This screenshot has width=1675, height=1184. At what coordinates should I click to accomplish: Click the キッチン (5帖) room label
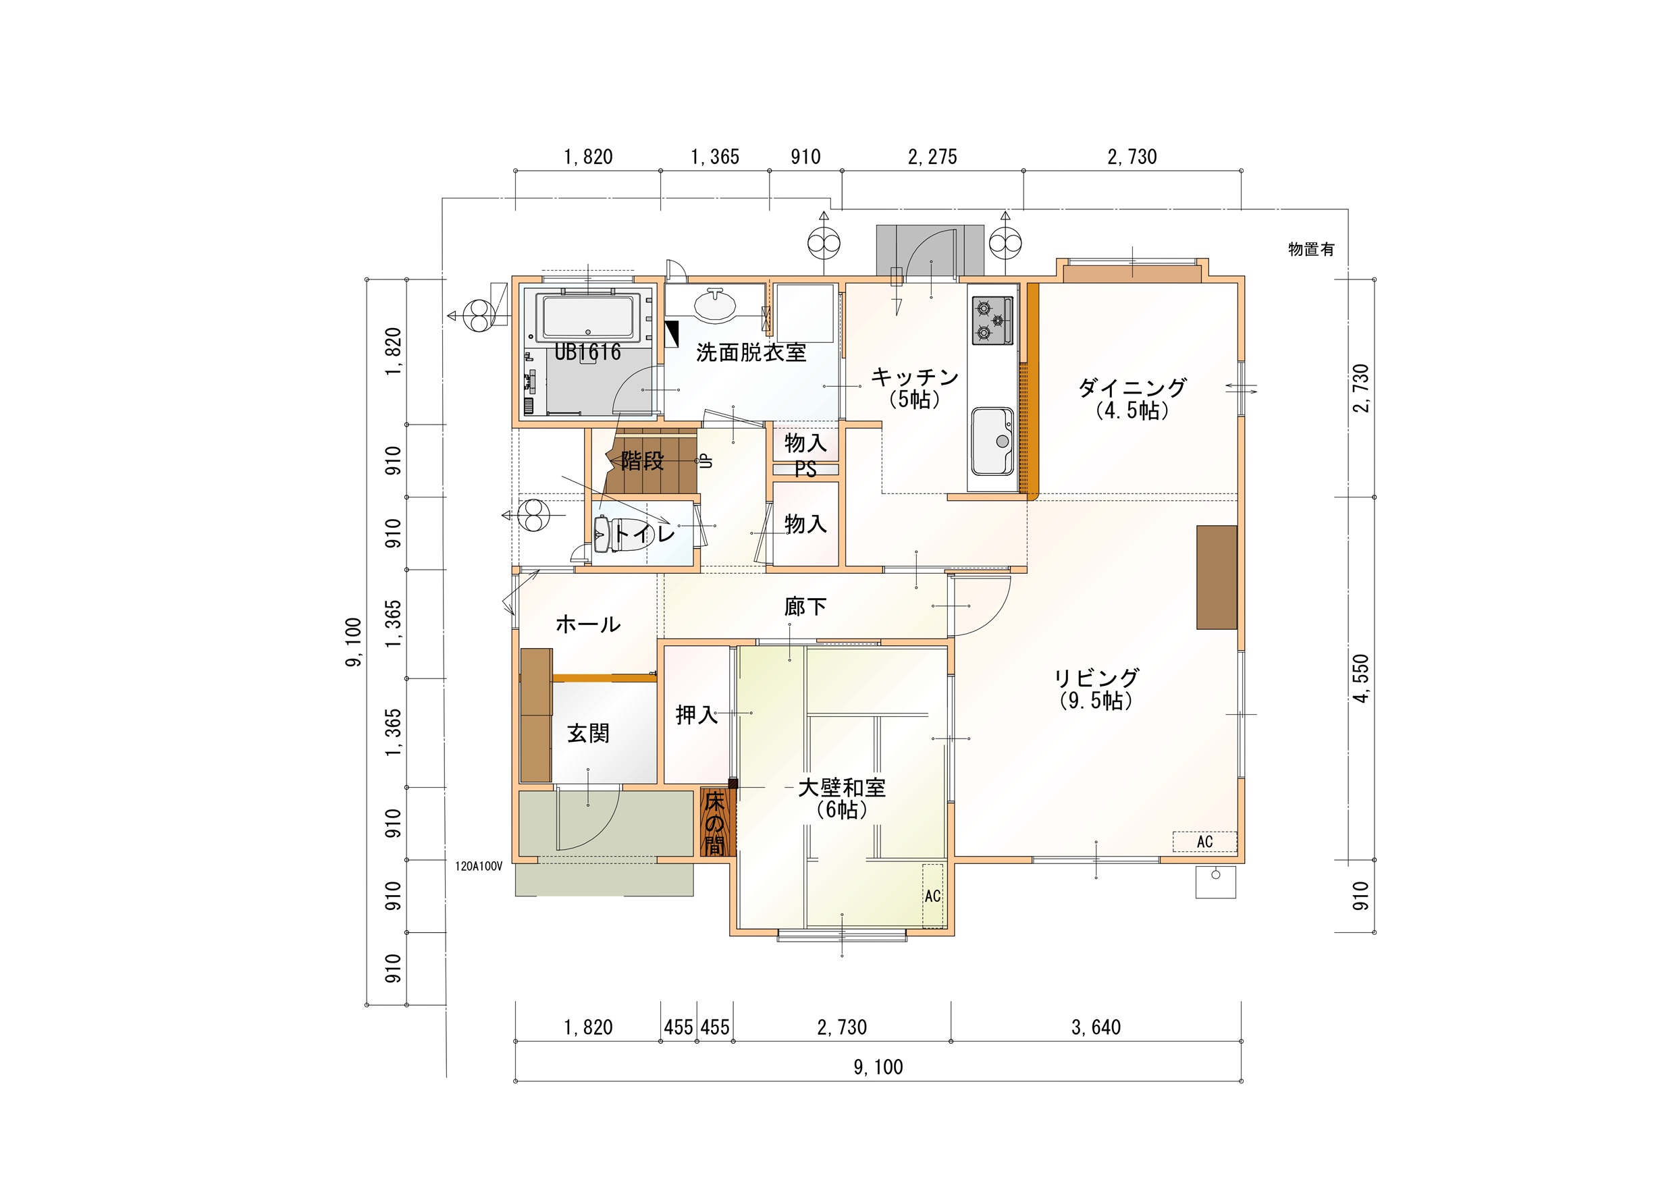coord(915,387)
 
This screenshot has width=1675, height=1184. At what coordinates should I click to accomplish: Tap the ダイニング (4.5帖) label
coord(1132,398)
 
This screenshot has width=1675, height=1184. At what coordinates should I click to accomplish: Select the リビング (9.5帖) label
coord(1096,689)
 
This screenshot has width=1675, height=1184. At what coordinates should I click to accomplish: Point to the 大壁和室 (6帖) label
coord(842,798)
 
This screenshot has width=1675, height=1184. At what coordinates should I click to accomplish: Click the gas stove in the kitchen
coord(993,320)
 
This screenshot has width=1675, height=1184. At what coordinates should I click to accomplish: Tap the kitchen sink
coord(992,441)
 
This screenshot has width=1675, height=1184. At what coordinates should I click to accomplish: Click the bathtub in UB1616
coord(588,317)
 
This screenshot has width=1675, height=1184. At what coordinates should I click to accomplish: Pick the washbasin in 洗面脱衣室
coord(715,304)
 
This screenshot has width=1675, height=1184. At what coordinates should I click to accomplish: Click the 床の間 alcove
coord(715,824)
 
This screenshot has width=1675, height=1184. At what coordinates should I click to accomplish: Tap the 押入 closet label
coord(697,714)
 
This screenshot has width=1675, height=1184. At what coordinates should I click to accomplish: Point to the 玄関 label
coord(588,732)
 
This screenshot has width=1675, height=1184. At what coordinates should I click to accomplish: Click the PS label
coord(805,469)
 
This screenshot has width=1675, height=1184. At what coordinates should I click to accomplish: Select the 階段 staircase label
coord(643,460)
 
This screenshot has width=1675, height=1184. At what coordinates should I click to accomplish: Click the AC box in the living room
coord(1204,841)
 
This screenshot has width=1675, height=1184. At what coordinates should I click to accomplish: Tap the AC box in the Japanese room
coord(932,896)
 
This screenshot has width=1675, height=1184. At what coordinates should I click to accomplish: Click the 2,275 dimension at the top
coord(932,157)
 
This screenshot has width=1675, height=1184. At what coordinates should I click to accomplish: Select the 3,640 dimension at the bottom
coord(1096,1027)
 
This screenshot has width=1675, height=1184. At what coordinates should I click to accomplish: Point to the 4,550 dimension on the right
coord(1361,678)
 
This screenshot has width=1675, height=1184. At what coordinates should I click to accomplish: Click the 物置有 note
coord(1311,249)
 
